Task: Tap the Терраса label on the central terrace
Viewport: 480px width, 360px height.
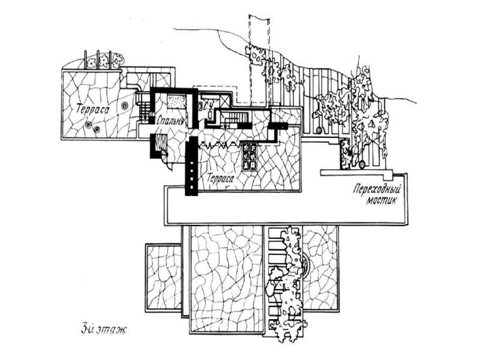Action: [219, 178]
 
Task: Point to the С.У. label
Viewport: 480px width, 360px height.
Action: [209, 107]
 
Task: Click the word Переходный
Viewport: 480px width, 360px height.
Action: [376, 188]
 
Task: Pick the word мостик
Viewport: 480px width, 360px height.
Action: [382, 200]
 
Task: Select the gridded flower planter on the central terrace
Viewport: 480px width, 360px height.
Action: [250, 157]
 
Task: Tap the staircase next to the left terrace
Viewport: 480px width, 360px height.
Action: [144, 110]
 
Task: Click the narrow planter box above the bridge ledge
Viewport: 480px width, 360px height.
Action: [346, 154]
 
